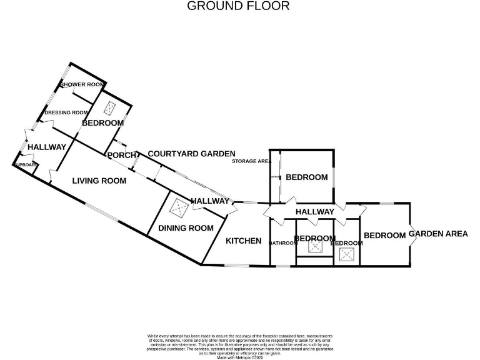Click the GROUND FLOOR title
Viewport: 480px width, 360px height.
(x=238, y=6)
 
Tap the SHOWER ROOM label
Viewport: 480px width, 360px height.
(x=82, y=84)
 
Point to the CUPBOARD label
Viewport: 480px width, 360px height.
(x=26, y=165)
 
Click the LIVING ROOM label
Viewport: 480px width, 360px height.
(x=99, y=181)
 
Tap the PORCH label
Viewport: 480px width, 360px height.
(x=121, y=155)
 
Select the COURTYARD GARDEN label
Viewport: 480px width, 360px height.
(x=191, y=153)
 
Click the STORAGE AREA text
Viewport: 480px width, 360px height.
(x=251, y=161)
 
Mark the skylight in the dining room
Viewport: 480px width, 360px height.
(x=181, y=206)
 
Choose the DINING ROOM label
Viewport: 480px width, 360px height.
(x=185, y=228)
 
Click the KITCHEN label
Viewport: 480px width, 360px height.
(x=243, y=241)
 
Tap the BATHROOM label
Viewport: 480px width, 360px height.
(x=282, y=242)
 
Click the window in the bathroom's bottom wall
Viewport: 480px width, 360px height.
(x=283, y=266)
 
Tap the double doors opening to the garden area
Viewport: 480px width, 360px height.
(x=411, y=235)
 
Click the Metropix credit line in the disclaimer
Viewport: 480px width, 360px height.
(x=240, y=357)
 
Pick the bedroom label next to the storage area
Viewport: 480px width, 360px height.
(x=306, y=177)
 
